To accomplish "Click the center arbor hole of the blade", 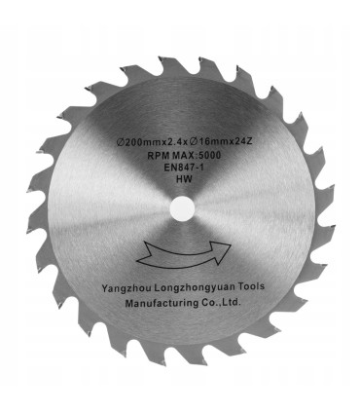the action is click(x=182, y=208).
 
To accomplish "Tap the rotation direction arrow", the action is click(x=183, y=256).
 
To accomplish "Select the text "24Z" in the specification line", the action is click(x=244, y=141).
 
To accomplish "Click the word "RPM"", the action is click(x=158, y=156).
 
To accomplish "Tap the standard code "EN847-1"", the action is click(x=184, y=168).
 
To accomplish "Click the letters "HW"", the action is click(x=184, y=179).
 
